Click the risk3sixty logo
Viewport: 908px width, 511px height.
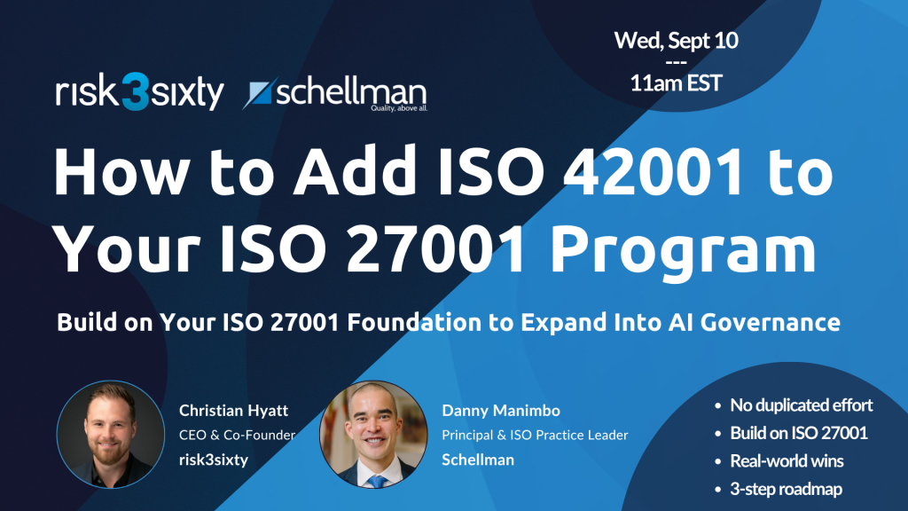pyautogui.click(x=139, y=91)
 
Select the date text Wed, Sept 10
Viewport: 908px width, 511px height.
pyautogui.click(x=676, y=41)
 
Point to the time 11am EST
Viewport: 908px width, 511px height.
pyautogui.click(x=676, y=83)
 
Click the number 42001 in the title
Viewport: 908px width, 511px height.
pyautogui.click(x=653, y=172)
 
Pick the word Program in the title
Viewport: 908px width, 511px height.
pyautogui.click(x=683, y=252)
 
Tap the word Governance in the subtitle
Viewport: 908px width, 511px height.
pyautogui.click(x=771, y=322)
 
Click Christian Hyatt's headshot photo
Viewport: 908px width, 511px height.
pyautogui.click(x=111, y=434)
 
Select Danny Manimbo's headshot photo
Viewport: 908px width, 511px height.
pyautogui.click(x=373, y=434)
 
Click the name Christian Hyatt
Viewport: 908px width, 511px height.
pyautogui.click(x=233, y=411)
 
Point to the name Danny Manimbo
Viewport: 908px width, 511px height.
pyautogui.click(x=501, y=411)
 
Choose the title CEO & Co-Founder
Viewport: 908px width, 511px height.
pyautogui.click(x=237, y=435)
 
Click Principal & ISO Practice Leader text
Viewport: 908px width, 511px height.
pyautogui.click(x=535, y=435)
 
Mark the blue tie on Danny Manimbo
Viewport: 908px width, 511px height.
pyautogui.click(x=377, y=481)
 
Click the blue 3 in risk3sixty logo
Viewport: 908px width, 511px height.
pyautogui.click(x=137, y=91)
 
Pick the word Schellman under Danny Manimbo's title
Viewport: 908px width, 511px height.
pyautogui.click(x=478, y=460)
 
